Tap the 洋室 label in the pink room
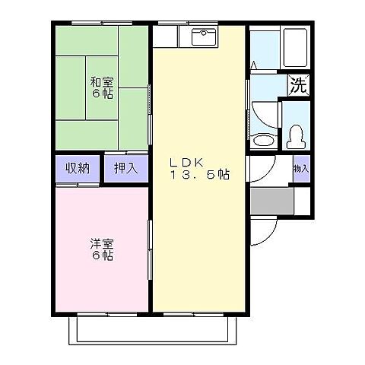[101, 243]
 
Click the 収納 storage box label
[77, 168]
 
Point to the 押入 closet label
[125, 168]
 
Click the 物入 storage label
[301, 169]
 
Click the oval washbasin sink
[264, 139]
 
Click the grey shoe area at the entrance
[271, 201]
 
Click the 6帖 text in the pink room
[103, 256]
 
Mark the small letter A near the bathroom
[253, 67]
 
